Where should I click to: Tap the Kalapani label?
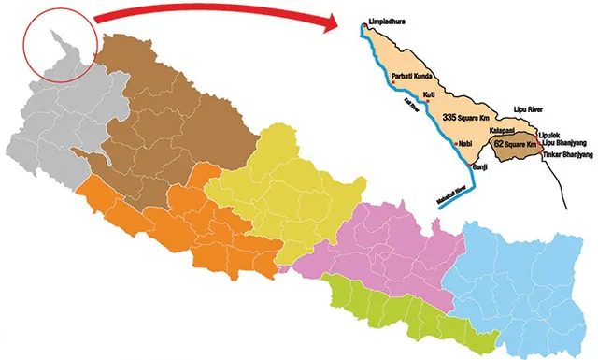tap(504, 131)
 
